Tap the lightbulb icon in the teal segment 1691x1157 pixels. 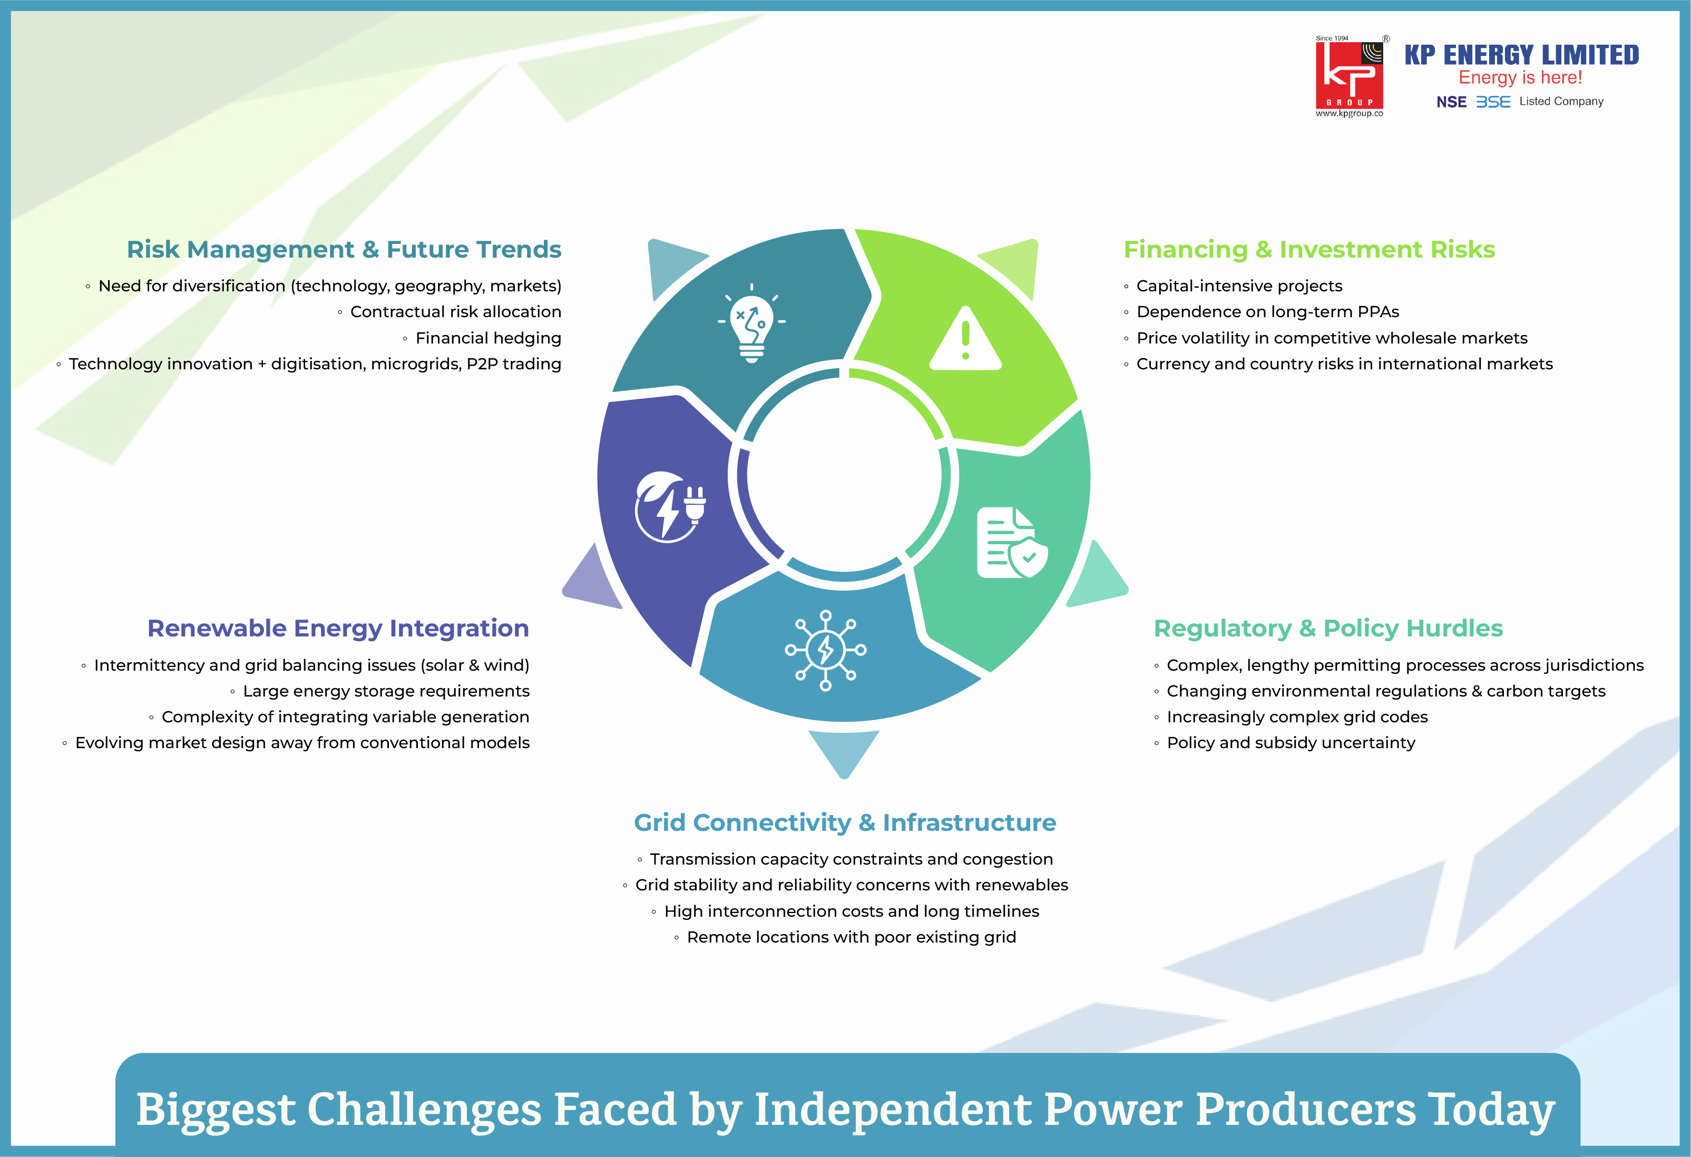point(751,323)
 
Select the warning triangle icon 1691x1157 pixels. point(965,338)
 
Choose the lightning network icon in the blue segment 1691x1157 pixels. point(825,650)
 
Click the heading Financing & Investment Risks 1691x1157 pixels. point(1309,250)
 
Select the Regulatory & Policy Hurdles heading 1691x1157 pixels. point(1328,628)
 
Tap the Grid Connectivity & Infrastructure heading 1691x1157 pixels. point(845,822)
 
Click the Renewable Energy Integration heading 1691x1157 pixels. point(338,628)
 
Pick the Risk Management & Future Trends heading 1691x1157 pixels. point(344,250)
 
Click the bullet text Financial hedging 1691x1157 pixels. point(488,338)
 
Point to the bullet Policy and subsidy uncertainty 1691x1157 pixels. point(1291,742)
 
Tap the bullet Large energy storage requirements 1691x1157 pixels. point(386,691)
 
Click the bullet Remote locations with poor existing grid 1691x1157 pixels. point(852,937)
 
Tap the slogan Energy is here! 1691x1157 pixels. point(1520,78)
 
